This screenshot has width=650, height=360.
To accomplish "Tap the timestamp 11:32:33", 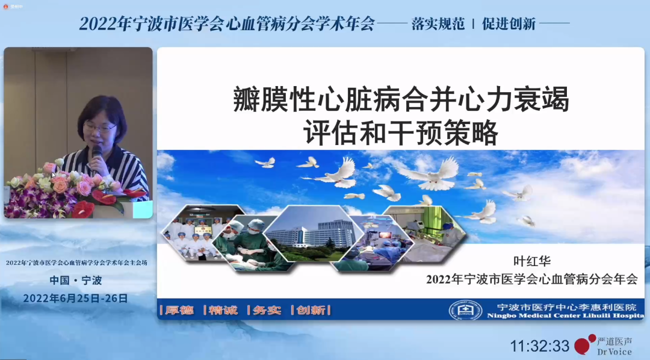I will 539,346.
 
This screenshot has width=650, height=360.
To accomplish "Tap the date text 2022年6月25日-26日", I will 75,298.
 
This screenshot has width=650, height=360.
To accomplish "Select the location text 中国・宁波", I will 76,280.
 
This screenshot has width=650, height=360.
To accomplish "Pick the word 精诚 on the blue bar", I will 224,310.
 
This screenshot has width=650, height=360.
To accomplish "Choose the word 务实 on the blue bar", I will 267,310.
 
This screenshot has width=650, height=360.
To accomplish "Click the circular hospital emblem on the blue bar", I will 465,310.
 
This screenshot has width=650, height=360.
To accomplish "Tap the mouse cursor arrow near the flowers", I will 53,175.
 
